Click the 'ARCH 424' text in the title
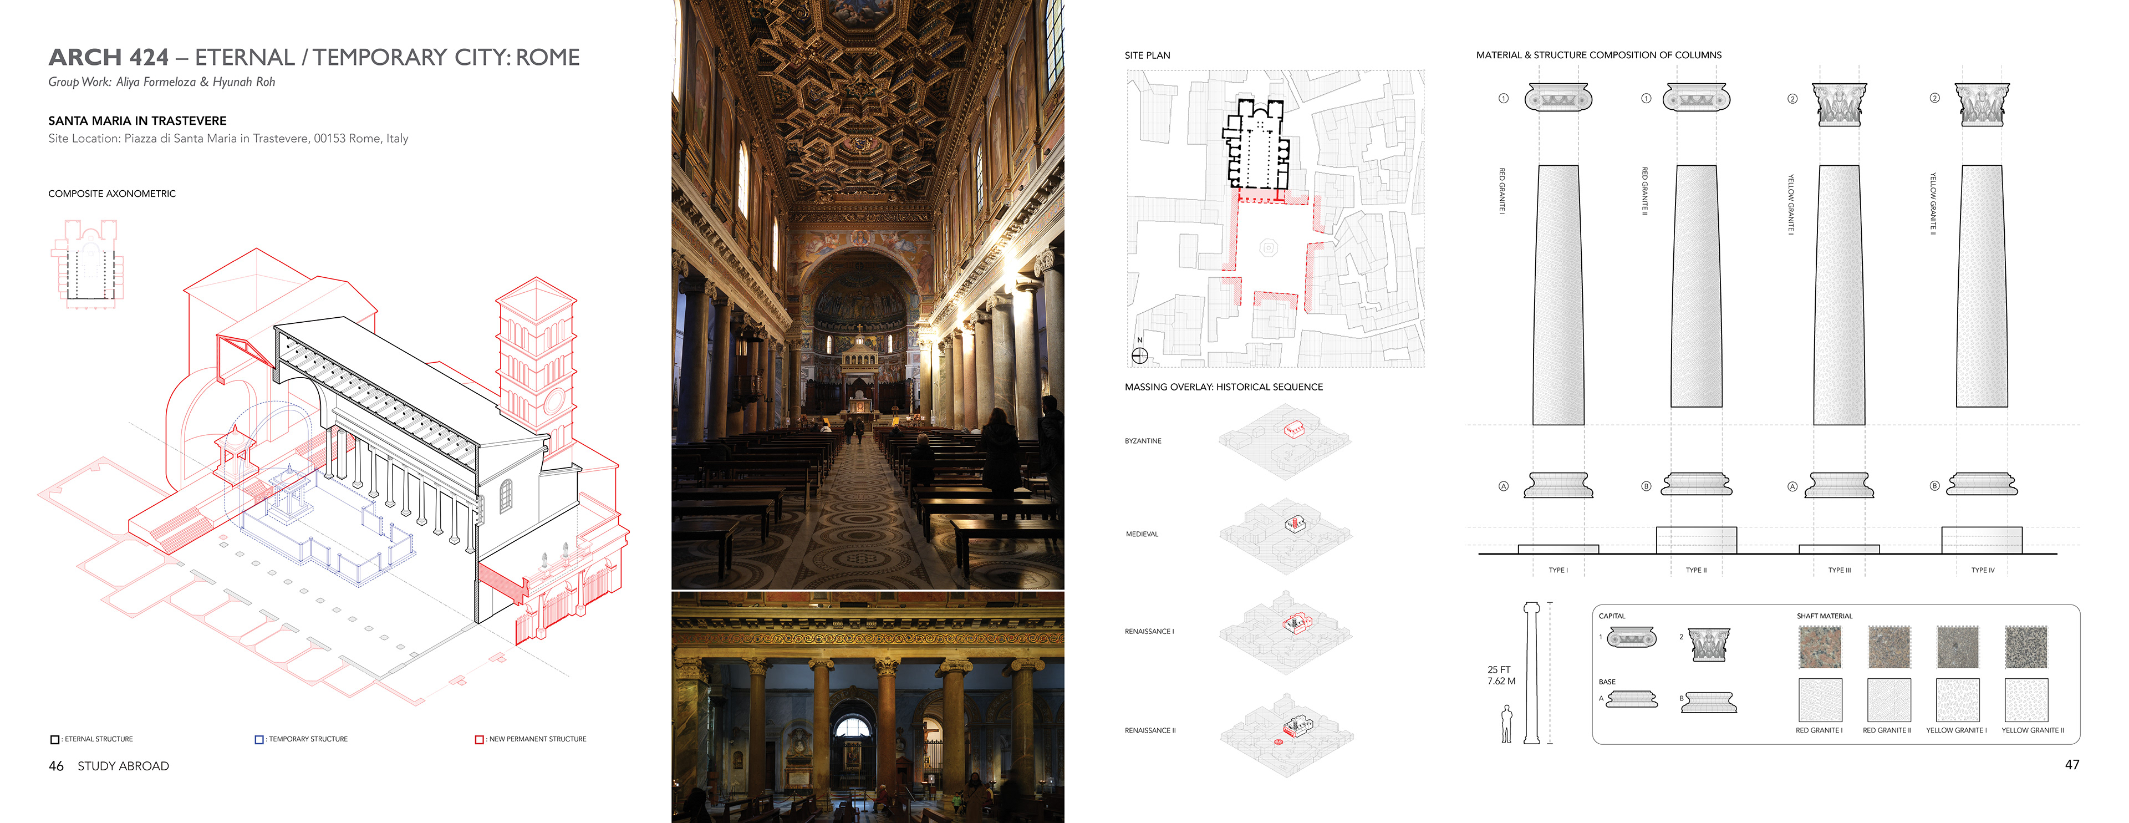click(108, 57)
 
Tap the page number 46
click(56, 766)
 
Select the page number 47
click(2071, 764)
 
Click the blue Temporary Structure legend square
click(259, 740)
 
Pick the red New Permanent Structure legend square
click(478, 740)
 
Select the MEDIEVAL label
click(1142, 535)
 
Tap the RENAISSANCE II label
click(1150, 730)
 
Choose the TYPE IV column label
click(1982, 570)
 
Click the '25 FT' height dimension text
click(1499, 670)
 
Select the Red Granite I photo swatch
click(1819, 647)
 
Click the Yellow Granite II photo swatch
click(2026, 647)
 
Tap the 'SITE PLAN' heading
click(1147, 55)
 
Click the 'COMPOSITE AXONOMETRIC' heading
click(111, 194)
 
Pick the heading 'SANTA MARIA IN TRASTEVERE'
click(137, 121)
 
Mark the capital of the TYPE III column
click(1839, 105)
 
